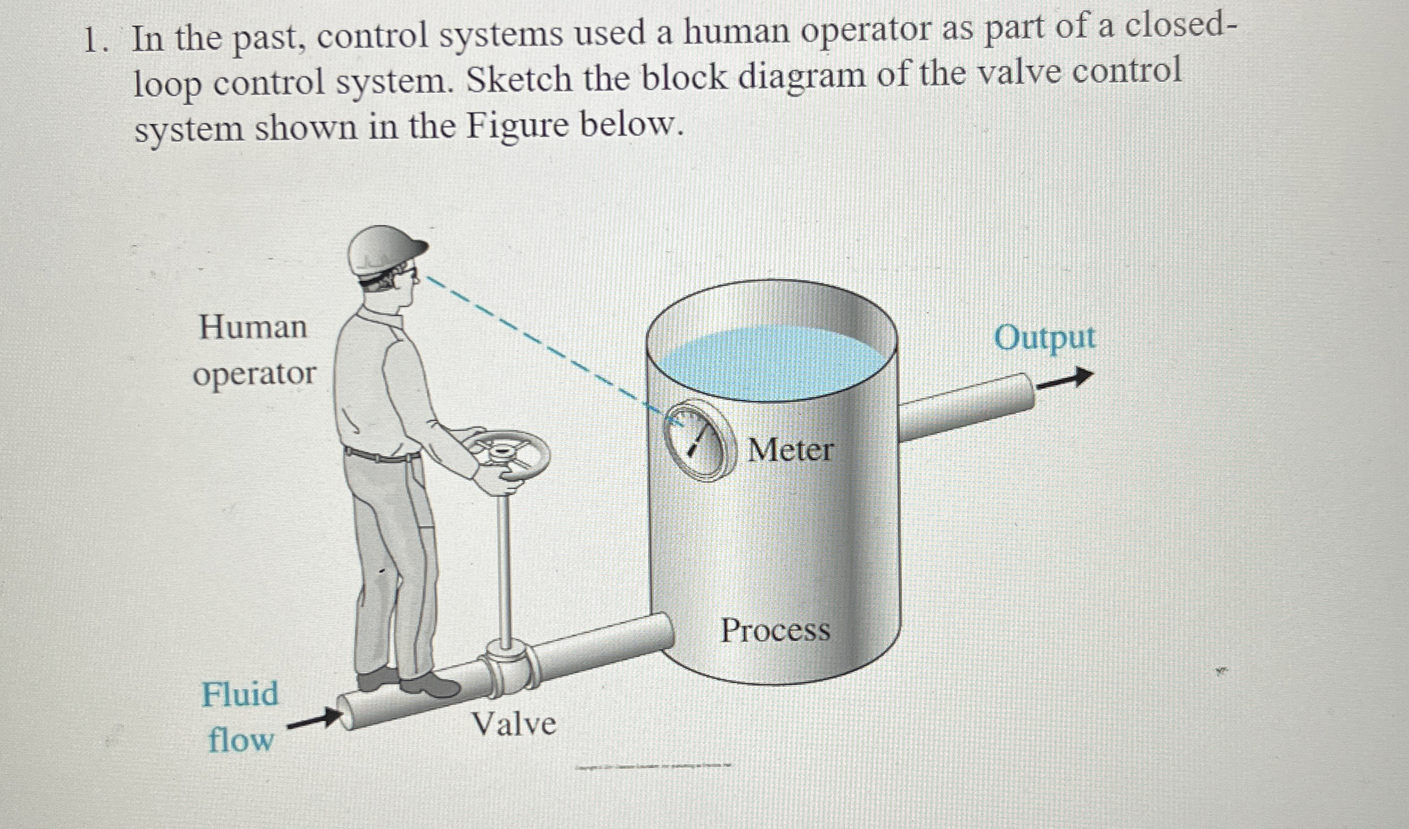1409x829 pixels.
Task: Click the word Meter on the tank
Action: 790,450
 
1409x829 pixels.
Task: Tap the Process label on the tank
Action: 775,631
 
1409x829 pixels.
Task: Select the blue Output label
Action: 1044,338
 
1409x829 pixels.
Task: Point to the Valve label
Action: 514,725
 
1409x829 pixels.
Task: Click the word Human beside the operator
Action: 253,327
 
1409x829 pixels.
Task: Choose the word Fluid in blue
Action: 240,695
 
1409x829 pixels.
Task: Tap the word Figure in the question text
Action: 517,126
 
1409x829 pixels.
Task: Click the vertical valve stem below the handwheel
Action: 503,569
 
